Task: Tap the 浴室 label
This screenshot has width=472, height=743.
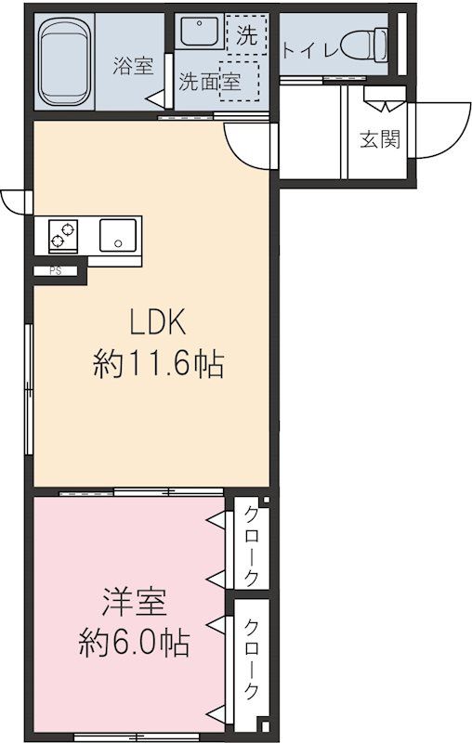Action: point(133,66)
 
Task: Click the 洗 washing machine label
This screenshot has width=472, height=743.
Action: point(245,37)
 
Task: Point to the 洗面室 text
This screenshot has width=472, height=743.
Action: point(209,82)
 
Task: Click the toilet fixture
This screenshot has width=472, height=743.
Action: point(364,44)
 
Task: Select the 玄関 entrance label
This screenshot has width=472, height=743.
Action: point(379,139)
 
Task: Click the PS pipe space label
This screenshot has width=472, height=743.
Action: point(55,272)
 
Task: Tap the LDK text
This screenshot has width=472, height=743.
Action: point(158,323)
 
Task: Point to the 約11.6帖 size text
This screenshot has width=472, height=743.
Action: point(158,364)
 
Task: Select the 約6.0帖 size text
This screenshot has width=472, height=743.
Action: point(134,643)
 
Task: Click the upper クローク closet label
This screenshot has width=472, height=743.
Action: point(251,544)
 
